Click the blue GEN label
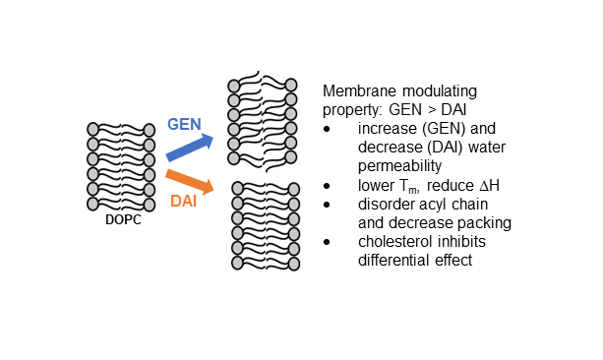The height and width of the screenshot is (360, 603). [184, 124]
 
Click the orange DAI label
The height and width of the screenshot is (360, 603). [183, 202]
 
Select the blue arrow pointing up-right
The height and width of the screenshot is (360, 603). [190, 147]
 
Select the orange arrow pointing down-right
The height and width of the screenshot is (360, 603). [190, 182]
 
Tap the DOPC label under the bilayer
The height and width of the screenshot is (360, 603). [123, 219]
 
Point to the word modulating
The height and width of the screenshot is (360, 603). [440, 91]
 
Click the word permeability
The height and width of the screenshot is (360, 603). [399, 166]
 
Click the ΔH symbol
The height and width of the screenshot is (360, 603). [490, 185]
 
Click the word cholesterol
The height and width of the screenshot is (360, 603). [394, 242]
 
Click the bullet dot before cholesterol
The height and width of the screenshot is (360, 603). [327, 242]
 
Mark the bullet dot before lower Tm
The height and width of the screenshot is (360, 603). [327, 186]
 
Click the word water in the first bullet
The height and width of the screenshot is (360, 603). [487, 148]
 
